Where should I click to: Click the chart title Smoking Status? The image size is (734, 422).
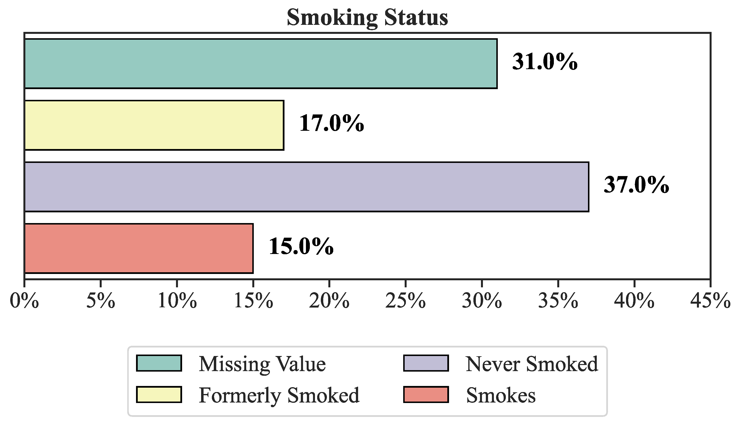367,17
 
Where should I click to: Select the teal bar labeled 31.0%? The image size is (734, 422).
261,64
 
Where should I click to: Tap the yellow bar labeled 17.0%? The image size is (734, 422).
154,125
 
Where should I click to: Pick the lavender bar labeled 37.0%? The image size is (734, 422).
306,187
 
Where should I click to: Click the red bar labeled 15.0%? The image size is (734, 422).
139,248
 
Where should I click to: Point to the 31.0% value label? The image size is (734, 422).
545,62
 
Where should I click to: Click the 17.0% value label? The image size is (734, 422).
331,123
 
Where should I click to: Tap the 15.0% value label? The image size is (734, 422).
301,247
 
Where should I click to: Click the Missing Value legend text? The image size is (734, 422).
262,364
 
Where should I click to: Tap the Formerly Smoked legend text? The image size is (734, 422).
279,395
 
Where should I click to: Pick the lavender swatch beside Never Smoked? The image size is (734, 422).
426,363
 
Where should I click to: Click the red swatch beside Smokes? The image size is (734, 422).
426,394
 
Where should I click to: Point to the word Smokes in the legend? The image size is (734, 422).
501,395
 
